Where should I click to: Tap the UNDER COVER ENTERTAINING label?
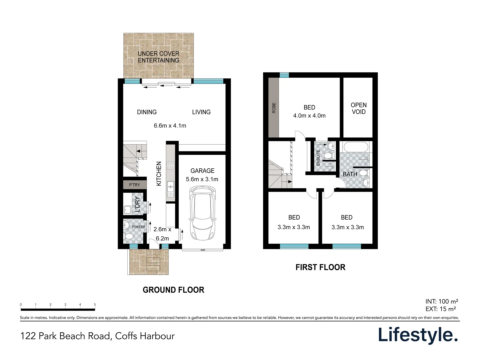pyautogui.click(x=158, y=57)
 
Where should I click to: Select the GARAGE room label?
pyautogui.click(x=202, y=171)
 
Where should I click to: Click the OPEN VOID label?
pyautogui.click(x=359, y=108)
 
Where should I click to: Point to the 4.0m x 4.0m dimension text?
pyautogui.click(x=309, y=116)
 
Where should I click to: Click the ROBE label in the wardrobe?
pyautogui.click(x=274, y=108)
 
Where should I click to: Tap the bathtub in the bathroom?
pyautogui.click(x=356, y=147)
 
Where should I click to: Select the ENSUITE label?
pyautogui.click(x=318, y=157)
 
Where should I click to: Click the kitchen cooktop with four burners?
pyautogui.click(x=171, y=165)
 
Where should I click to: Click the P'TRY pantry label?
pyautogui.click(x=134, y=185)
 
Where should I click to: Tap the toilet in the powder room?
pyautogui.click(x=129, y=236)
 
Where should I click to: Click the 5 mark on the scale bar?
pyautogui.click(x=95, y=305)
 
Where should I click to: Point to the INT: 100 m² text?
pyautogui.click(x=442, y=301)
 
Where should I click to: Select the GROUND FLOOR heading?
pyautogui.click(x=173, y=290)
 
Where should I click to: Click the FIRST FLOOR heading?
pyautogui.click(x=320, y=267)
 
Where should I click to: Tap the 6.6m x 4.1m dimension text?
pyautogui.click(x=170, y=126)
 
